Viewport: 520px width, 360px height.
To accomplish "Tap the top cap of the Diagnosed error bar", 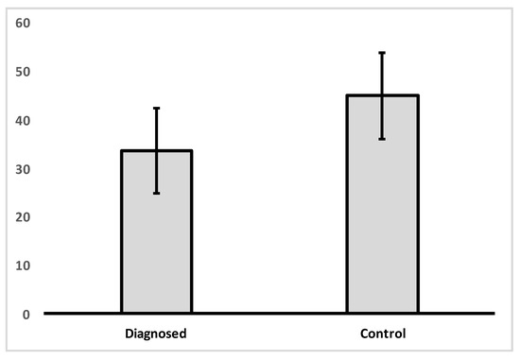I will pos(157,109).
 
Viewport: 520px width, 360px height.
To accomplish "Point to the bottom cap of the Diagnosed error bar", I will pos(157,193).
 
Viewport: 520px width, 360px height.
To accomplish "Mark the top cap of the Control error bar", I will pos(382,53).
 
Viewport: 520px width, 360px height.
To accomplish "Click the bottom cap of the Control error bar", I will pos(382,139).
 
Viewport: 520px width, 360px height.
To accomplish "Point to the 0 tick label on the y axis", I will pos(26,314).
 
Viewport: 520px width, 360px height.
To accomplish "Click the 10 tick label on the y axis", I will pos(23,266).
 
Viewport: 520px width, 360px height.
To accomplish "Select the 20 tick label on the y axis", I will pos(23,217).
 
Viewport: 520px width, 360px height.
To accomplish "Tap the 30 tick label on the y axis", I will pos(23,169).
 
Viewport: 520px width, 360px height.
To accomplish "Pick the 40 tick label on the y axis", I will pos(23,120).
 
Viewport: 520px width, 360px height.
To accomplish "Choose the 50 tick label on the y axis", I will pos(23,72).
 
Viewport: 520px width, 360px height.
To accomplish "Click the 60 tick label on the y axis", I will pos(23,24).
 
